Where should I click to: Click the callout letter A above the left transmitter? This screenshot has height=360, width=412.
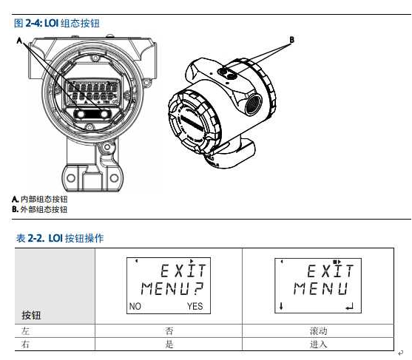click(19, 41)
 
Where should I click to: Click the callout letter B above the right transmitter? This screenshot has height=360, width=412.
click(291, 40)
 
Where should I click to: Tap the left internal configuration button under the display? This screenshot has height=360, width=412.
click(81, 114)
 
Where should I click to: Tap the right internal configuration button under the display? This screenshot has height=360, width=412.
click(104, 114)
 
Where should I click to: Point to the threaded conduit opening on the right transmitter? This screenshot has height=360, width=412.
click(254, 104)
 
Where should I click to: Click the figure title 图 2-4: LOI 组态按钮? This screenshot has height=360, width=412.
click(57, 23)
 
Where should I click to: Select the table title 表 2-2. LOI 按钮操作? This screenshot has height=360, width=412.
click(60, 238)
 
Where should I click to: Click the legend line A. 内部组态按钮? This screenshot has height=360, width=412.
click(40, 199)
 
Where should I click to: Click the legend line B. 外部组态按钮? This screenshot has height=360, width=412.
click(40, 209)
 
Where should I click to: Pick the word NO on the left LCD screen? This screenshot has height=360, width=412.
click(135, 306)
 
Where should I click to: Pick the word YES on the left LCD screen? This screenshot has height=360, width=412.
click(195, 306)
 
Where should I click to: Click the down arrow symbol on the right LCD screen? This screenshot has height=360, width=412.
click(281, 306)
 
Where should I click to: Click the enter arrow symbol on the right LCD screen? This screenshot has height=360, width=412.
click(349, 307)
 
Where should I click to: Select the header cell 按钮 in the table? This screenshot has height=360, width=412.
click(31, 315)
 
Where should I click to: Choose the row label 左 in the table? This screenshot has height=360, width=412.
click(25, 331)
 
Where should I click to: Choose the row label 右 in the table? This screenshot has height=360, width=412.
click(25, 344)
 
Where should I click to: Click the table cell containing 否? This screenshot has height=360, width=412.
click(169, 331)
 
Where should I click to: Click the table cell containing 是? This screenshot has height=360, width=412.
click(169, 344)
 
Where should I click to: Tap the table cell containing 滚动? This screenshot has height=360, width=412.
click(318, 331)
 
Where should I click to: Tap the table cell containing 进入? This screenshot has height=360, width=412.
click(318, 344)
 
